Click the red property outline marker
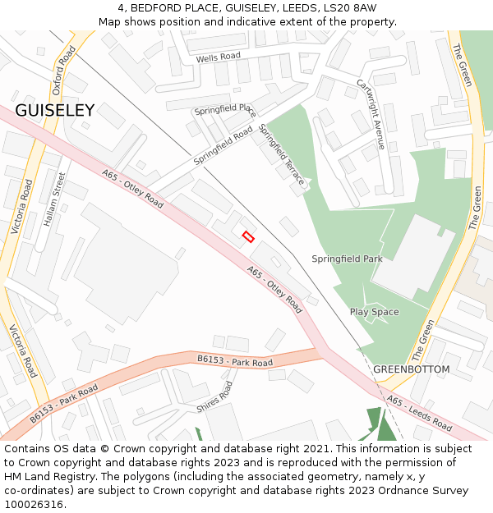click(248, 236)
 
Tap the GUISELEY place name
click(54, 110)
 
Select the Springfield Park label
click(347, 259)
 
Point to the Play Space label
click(374, 312)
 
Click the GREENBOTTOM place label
click(411, 369)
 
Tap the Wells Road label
click(218, 57)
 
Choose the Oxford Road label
click(63, 70)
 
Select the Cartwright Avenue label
click(371, 113)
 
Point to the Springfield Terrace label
click(281, 154)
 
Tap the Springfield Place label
click(225, 109)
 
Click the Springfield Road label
click(223, 146)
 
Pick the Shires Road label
click(214, 396)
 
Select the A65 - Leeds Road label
click(419, 415)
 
